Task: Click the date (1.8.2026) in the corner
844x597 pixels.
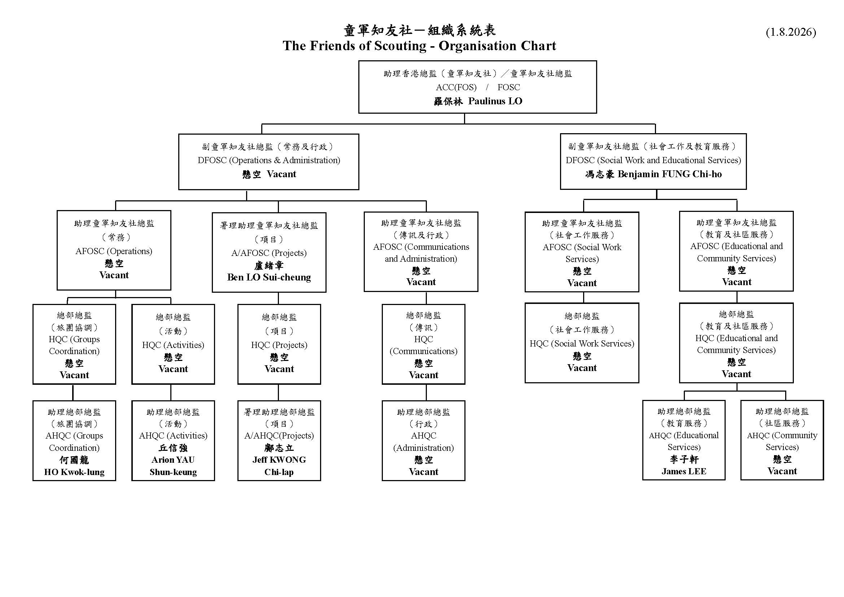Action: (791, 32)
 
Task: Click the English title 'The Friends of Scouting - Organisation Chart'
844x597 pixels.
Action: (419, 46)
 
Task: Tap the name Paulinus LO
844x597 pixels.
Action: (495, 101)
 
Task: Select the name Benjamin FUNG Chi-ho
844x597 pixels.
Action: (669, 174)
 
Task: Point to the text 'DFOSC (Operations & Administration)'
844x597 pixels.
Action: (269, 160)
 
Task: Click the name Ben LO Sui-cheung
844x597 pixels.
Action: (269, 277)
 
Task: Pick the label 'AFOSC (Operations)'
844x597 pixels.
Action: (114, 251)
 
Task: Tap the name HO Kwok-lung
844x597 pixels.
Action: (74, 472)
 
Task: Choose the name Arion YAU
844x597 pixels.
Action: (173, 460)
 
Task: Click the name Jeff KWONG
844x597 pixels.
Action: (279, 460)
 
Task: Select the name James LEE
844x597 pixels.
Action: (684, 471)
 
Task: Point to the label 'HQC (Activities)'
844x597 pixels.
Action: (173, 345)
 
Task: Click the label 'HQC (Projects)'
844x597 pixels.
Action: (279, 345)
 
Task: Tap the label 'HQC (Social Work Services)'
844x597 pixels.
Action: (582, 343)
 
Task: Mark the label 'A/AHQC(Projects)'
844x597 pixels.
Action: (279, 436)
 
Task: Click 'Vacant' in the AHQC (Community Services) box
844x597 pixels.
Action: (782, 471)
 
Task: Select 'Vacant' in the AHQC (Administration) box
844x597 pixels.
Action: (424, 472)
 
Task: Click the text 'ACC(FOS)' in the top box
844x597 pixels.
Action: (456, 87)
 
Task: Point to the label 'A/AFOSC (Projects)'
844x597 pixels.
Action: (269, 253)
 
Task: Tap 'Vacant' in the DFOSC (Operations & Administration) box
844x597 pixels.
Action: (281, 174)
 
